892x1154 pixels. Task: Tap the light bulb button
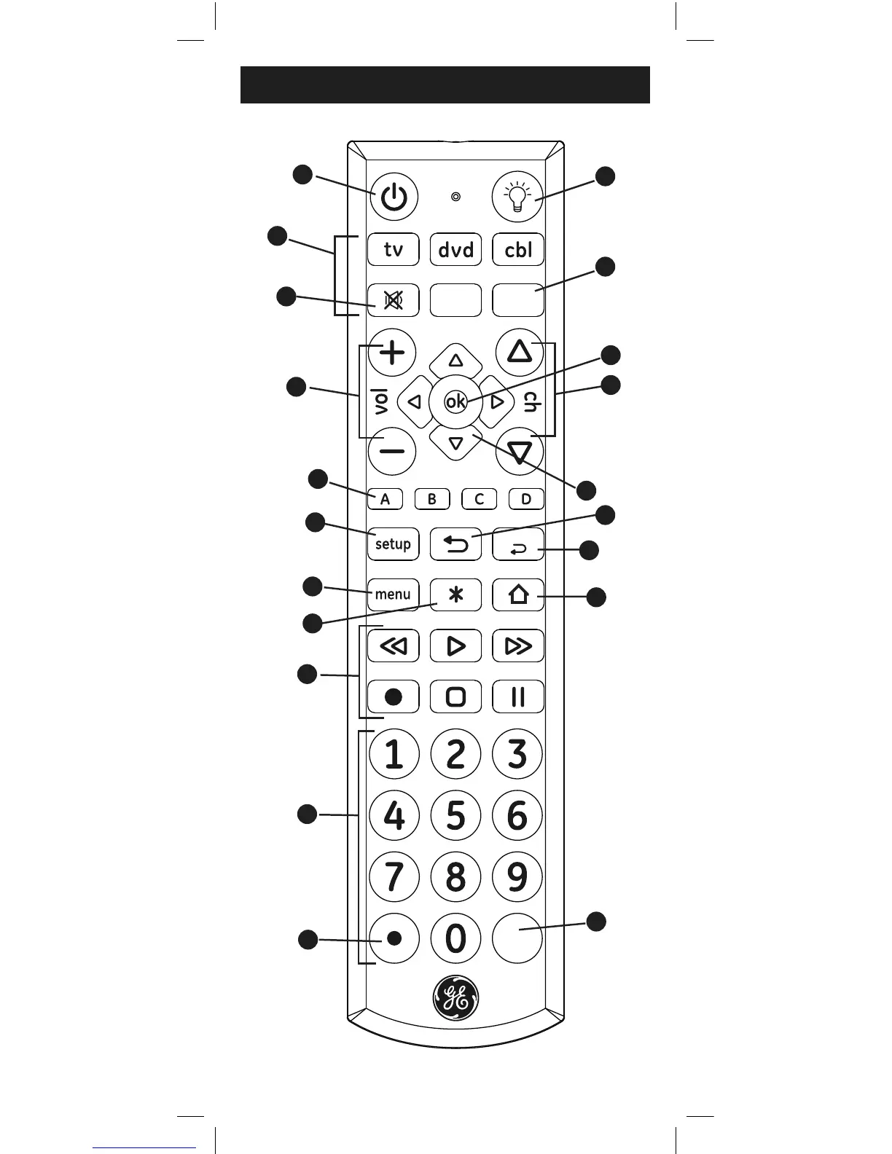coord(517,197)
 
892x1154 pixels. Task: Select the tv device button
coord(394,250)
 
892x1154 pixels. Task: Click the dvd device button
coord(455,250)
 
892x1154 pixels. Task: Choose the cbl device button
coord(518,250)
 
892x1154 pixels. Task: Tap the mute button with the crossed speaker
coord(394,300)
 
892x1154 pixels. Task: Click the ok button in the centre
coord(455,401)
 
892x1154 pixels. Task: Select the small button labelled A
coord(386,499)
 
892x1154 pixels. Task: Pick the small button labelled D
coord(526,499)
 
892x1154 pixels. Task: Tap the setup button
coord(394,543)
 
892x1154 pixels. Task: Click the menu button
coord(394,594)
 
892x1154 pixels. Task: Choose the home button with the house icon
coord(518,594)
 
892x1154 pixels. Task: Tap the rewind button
coord(394,645)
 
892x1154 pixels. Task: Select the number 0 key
coord(455,938)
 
